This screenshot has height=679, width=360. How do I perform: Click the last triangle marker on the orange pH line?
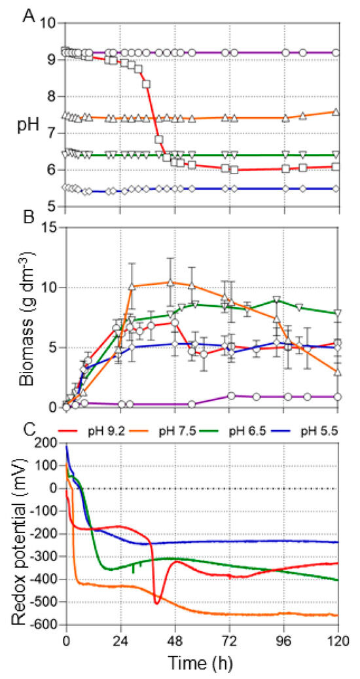336,112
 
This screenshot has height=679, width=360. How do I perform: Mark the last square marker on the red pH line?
336,167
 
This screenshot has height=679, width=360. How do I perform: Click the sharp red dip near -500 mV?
156,602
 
